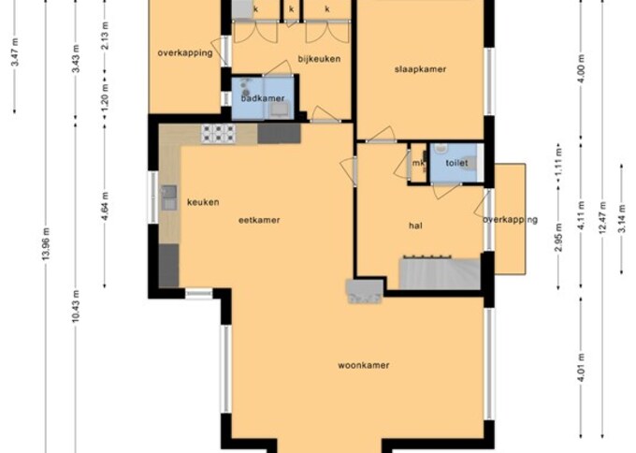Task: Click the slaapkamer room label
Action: pos(420,69)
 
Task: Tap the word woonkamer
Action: pos(363,365)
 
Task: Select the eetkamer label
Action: pos(260,220)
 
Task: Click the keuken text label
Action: pos(202,202)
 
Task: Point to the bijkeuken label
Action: pos(318,59)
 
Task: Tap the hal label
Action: pos(415,226)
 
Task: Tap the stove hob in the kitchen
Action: pos(217,133)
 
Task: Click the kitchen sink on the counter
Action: pos(169,197)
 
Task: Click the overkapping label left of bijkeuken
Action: pos(184,52)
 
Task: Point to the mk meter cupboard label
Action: pos(418,165)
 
